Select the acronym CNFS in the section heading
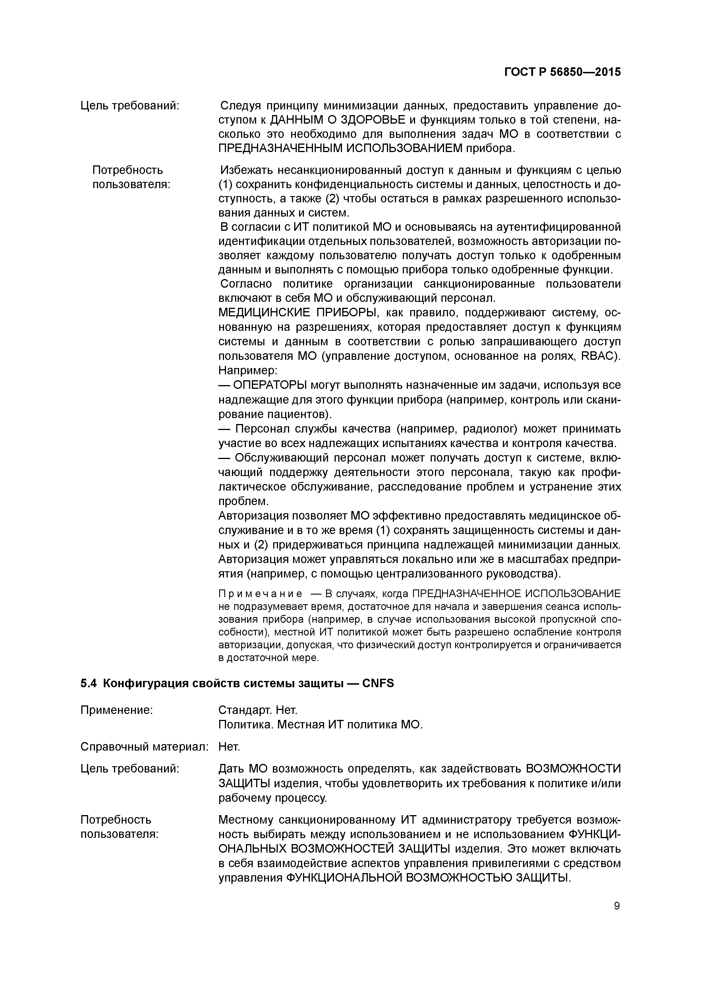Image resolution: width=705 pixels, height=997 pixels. coord(378,684)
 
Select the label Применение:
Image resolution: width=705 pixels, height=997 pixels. coord(117,710)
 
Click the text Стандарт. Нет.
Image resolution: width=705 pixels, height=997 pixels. coord(258,710)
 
